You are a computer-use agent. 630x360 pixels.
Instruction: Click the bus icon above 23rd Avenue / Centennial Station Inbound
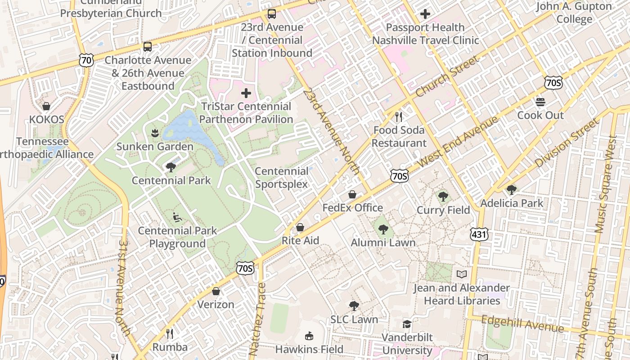272,14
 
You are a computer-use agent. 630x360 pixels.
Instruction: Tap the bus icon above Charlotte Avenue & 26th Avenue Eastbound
148,47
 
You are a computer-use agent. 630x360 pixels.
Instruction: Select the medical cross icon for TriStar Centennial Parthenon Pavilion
246,94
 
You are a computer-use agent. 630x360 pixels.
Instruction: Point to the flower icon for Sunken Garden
155,133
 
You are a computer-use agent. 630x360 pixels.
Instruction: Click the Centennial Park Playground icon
177,217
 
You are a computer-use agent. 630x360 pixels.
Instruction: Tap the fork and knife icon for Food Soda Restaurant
398,117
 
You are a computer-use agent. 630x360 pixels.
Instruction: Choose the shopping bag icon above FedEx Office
352,194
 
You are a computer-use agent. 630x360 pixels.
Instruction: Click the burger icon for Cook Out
540,102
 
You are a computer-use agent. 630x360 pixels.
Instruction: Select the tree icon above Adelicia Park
512,190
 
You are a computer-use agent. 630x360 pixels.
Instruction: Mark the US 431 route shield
479,234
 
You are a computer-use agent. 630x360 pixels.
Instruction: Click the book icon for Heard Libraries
462,274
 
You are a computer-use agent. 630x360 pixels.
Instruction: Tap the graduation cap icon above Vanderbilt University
407,324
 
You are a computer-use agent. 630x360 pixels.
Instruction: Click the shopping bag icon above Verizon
216,291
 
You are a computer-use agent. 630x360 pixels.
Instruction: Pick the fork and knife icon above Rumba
170,333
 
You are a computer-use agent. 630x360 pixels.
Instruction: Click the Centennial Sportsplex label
282,178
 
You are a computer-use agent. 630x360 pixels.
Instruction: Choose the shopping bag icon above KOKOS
46,106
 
